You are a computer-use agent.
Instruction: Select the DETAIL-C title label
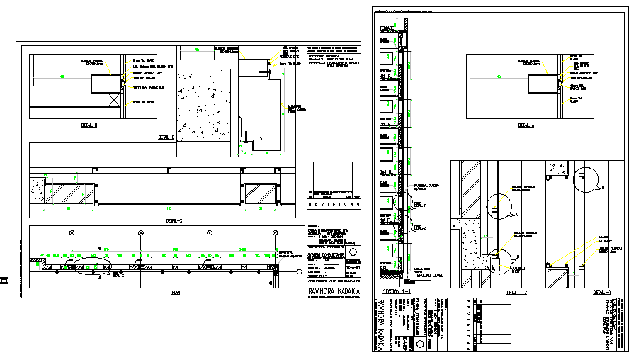(x=167, y=137)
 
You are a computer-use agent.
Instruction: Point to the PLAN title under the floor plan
(x=175, y=291)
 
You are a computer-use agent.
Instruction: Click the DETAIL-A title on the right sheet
(x=526, y=125)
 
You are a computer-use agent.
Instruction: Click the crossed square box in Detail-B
(x=113, y=99)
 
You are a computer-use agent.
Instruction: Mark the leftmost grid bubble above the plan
(x=72, y=232)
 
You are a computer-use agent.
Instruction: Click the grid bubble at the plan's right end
(x=276, y=232)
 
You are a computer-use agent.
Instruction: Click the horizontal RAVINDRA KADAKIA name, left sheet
(x=334, y=291)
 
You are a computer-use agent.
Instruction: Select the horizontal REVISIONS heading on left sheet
(x=333, y=204)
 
